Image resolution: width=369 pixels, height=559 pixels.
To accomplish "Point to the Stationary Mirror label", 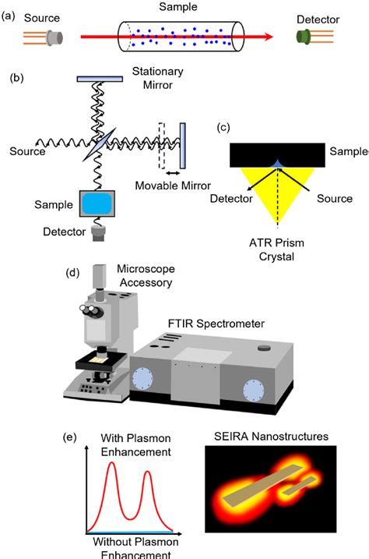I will (x=157, y=78).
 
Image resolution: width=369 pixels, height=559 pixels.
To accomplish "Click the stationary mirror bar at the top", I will (x=100, y=78).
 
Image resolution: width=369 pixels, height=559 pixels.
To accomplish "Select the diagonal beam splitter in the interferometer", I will (x=100, y=144).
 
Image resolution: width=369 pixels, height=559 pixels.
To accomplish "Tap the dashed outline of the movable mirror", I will (x=162, y=145).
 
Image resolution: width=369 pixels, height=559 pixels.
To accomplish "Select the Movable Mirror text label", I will (x=171, y=186).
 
